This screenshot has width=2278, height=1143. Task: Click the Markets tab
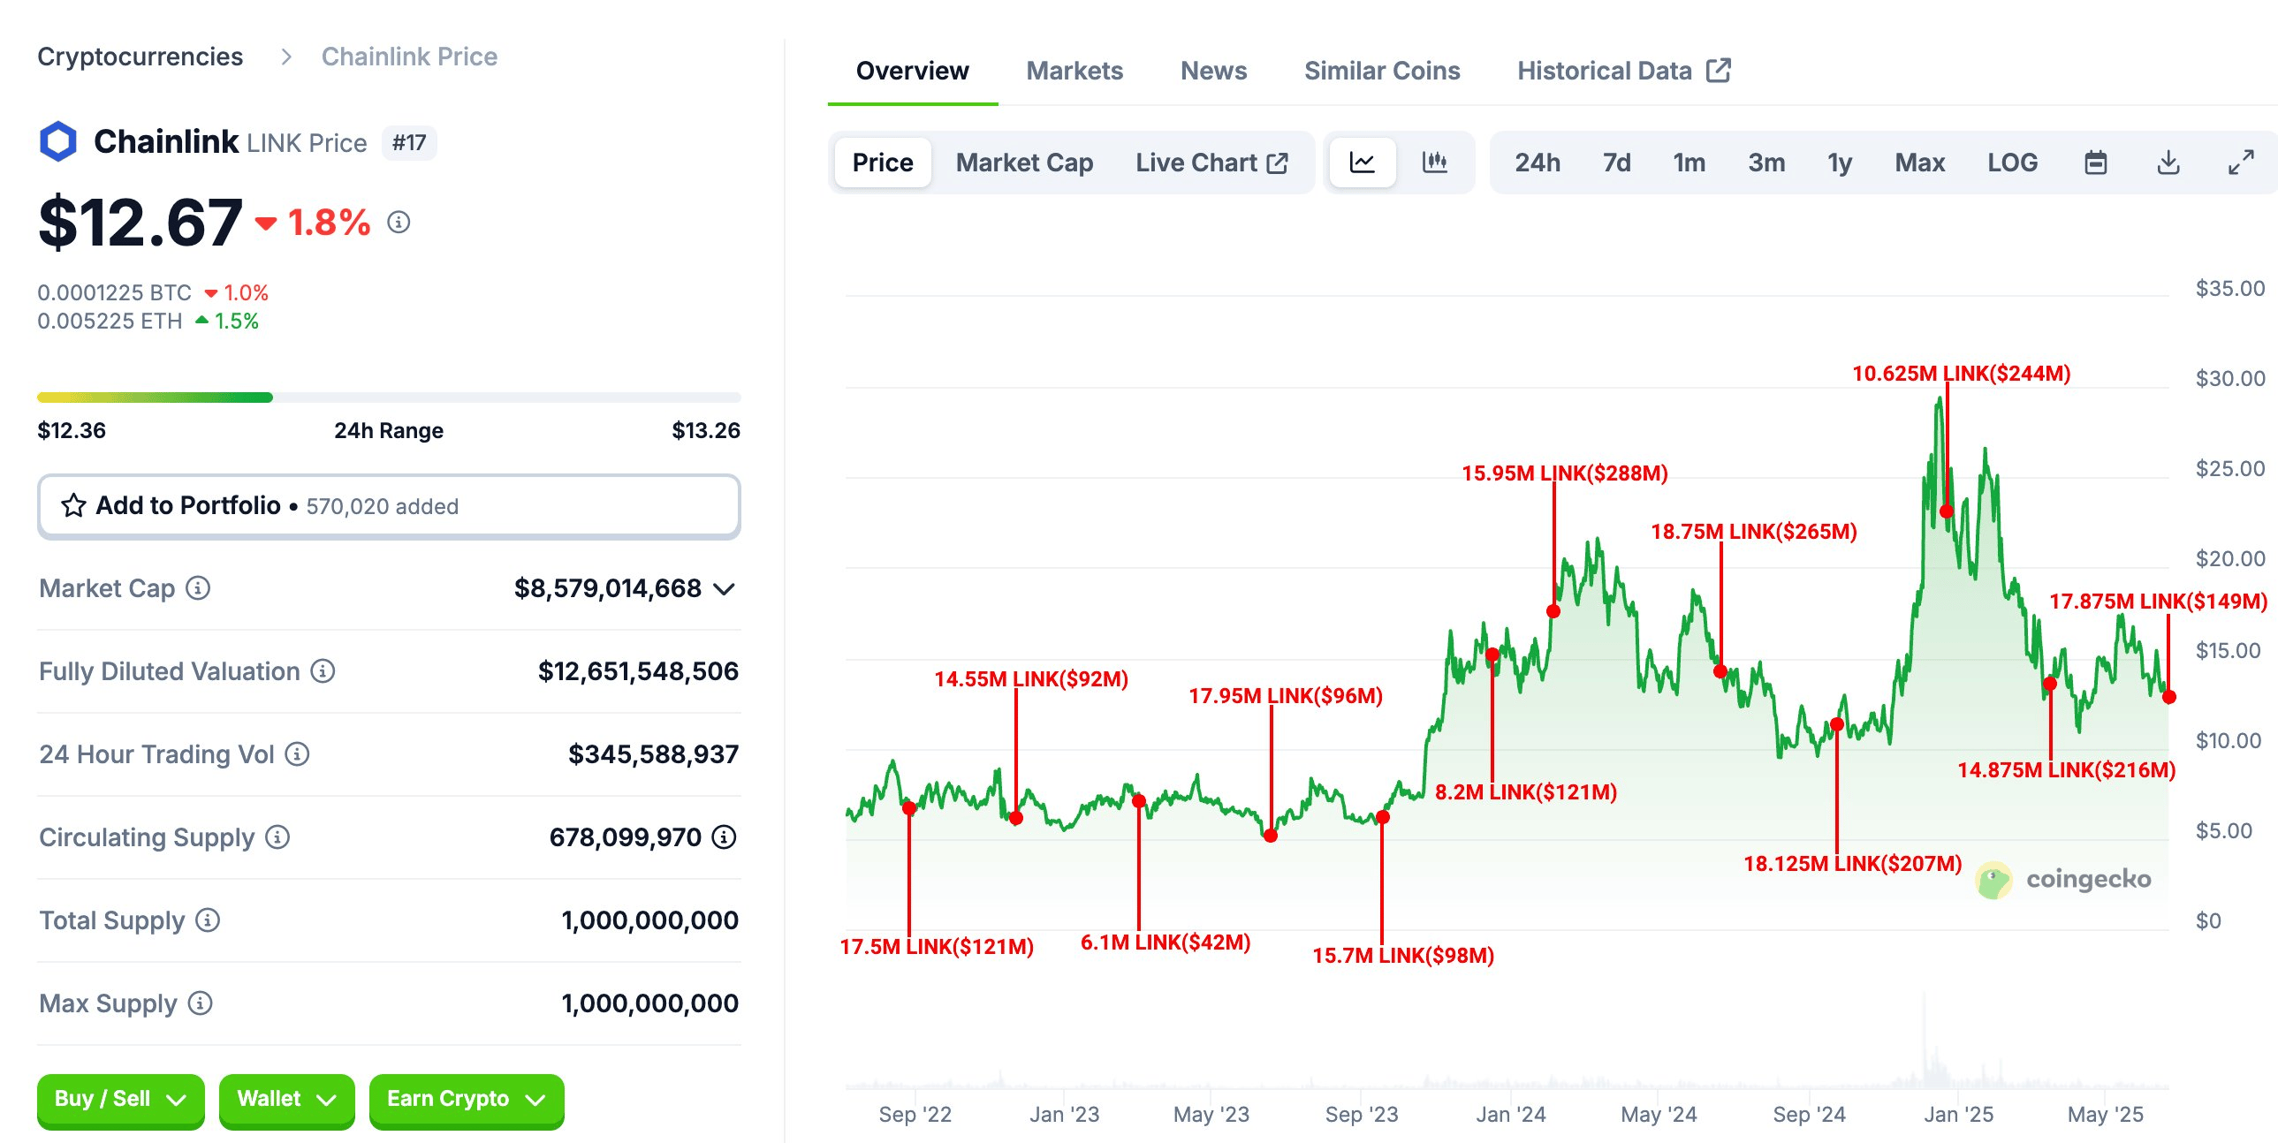click(x=1074, y=71)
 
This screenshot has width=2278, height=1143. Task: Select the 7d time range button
click(x=1615, y=163)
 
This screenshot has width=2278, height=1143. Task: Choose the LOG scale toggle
click(x=2012, y=163)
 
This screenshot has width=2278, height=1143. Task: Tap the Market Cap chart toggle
click(x=1024, y=163)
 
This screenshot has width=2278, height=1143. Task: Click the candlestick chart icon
click(x=1433, y=163)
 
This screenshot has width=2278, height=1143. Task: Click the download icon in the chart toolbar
click(x=2168, y=163)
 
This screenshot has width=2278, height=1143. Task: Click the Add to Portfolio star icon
click(x=73, y=505)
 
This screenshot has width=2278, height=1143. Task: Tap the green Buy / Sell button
click(x=120, y=1099)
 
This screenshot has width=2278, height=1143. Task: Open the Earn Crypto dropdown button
click(x=466, y=1099)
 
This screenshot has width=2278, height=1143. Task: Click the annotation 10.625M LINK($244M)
click(x=1961, y=374)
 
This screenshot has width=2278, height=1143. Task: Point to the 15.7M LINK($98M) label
click(x=1402, y=956)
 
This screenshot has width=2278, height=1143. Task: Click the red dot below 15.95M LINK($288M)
click(x=1553, y=611)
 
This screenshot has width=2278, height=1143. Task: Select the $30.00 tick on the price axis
click(x=2229, y=379)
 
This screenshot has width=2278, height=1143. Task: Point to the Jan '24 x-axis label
click(x=1509, y=1115)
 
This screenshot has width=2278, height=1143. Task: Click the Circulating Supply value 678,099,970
click(x=625, y=837)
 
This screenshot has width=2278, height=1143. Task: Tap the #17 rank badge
click(x=408, y=143)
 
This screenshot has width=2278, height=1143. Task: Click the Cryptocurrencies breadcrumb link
click(x=140, y=57)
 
